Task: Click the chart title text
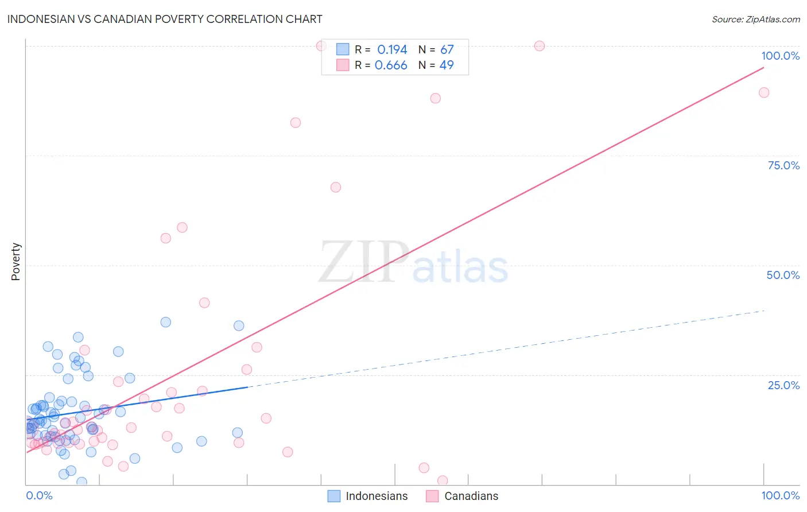(165, 19)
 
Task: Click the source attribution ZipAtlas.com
(755, 19)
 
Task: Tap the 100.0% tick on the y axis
(780, 56)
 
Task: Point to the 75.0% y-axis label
(783, 165)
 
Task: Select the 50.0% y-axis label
(783, 275)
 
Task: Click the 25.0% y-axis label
(783, 385)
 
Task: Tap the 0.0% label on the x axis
(39, 495)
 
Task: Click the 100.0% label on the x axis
(780, 495)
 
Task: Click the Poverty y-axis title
(15, 262)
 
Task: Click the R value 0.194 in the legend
(392, 50)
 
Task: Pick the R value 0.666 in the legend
(391, 65)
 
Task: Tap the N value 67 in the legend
(447, 50)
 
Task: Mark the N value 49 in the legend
(447, 65)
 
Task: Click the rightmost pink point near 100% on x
(764, 92)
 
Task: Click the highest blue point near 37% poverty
(166, 322)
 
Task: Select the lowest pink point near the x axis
(443, 480)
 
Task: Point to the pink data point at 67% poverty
(336, 187)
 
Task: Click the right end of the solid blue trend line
(247, 387)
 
